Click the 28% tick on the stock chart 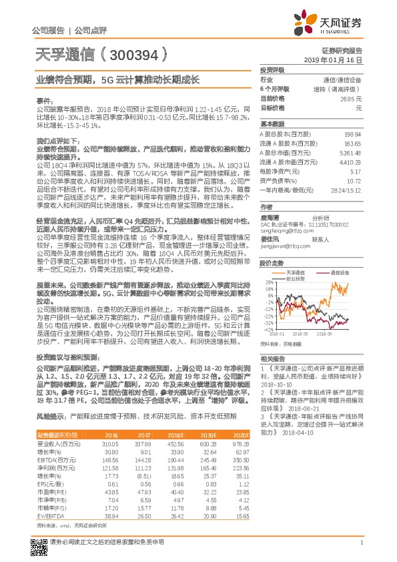pyautogui.click(x=268, y=282)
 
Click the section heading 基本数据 pyautogui.click(x=272, y=124)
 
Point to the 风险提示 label pyautogui.click(x=50, y=415)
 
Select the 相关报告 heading pyautogui.click(x=272, y=358)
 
